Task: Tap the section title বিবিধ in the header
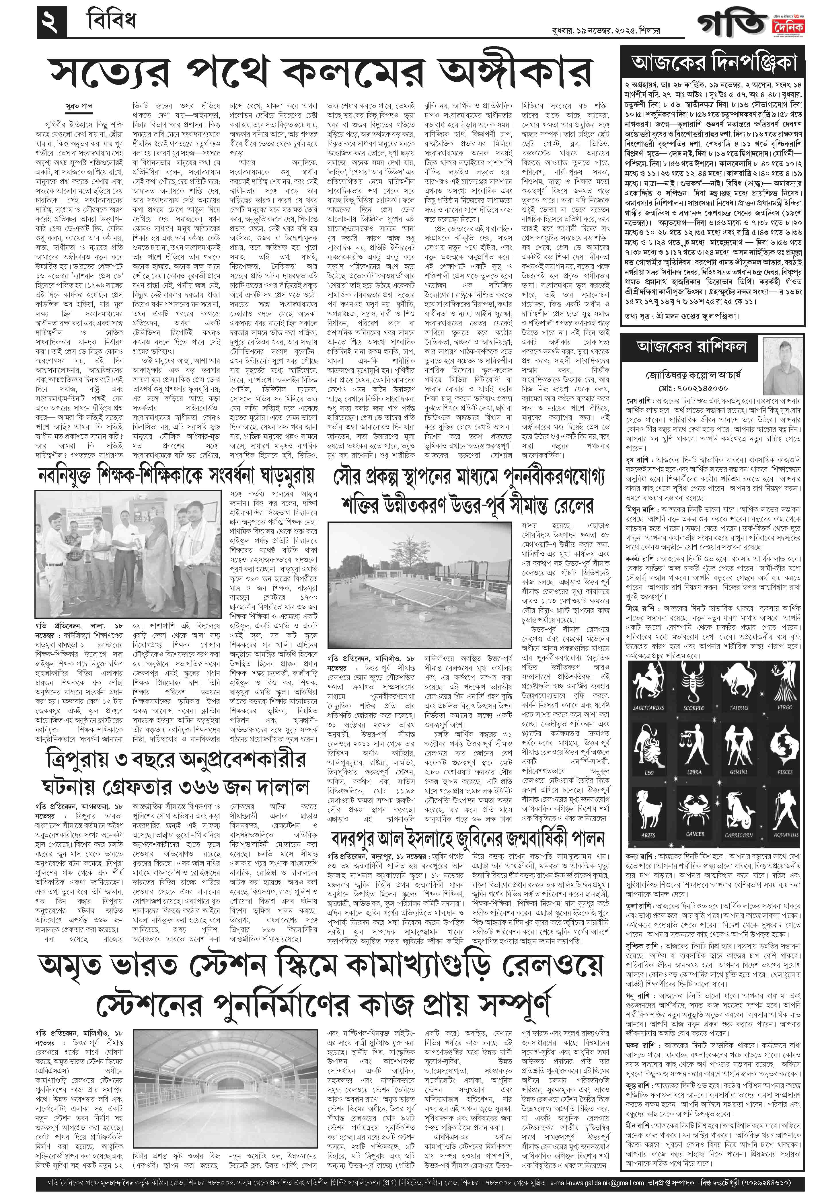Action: coord(110,22)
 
